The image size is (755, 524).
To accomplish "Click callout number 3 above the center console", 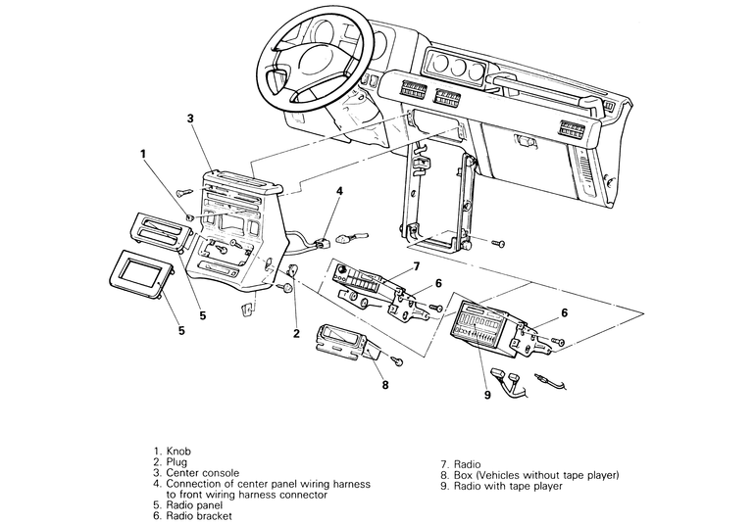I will (x=190, y=119).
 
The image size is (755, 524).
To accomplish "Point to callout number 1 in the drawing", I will (x=143, y=154).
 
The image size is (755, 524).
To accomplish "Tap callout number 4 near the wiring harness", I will (x=337, y=192).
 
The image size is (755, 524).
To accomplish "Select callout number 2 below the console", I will (x=295, y=334).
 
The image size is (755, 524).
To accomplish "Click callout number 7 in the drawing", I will (x=416, y=265).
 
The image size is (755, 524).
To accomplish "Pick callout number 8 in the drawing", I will (x=385, y=385).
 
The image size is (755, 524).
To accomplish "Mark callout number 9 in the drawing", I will (x=486, y=397).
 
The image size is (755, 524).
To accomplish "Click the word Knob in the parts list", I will (x=179, y=452).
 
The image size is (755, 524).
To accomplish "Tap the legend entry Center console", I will (x=203, y=473).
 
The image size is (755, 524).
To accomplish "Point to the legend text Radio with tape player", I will (x=508, y=485).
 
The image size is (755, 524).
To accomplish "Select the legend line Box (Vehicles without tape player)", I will (x=536, y=474).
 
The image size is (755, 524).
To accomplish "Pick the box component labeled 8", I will (x=343, y=344).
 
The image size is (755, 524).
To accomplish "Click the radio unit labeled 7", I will (x=369, y=278).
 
